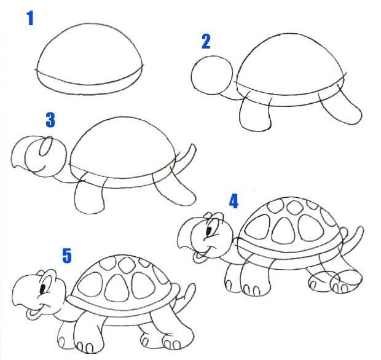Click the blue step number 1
tap(29, 19)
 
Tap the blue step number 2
tap(206, 41)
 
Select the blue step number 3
tap(50, 119)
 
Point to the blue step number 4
tap(234, 201)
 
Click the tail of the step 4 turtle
tap(355, 237)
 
